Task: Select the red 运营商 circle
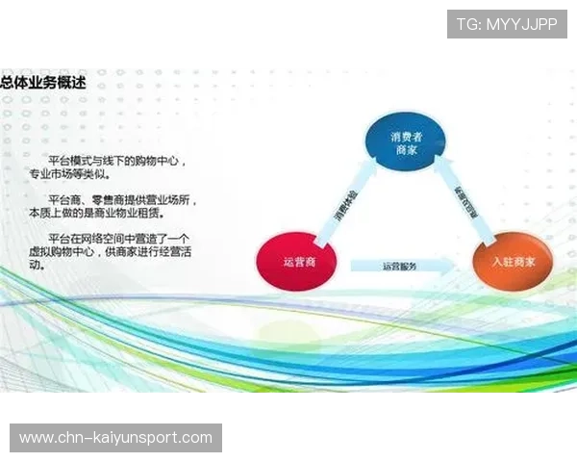point(293,261)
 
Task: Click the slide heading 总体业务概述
point(43,83)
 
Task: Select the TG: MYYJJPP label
point(507,24)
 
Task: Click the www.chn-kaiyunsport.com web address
point(115,438)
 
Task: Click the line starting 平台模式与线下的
point(116,161)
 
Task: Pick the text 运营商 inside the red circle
point(293,262)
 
